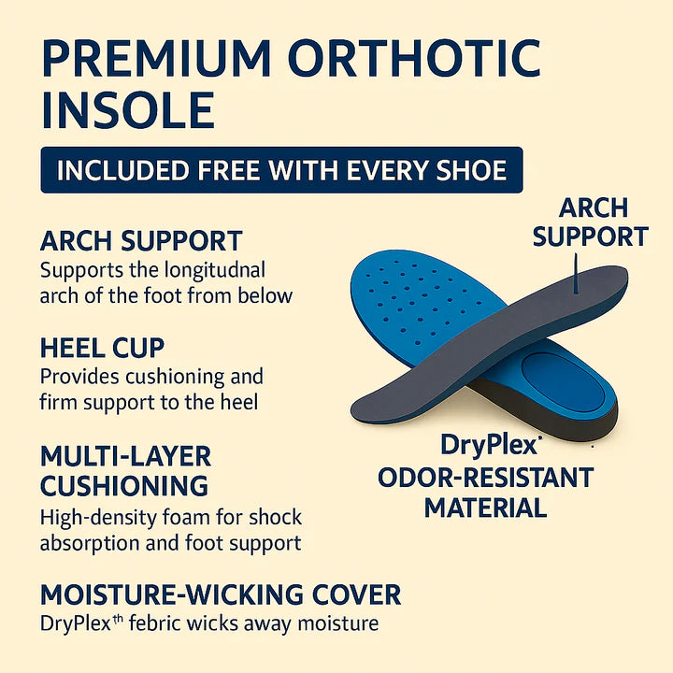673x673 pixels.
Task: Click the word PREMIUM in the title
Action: click(x=156, y=58)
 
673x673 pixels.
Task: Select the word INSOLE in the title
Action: click(x=128, y=110)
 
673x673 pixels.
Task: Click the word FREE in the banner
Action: click(x=228, y=170)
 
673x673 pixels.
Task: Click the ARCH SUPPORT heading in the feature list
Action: click(x=141, y=241)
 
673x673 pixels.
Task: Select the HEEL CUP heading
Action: click(x=102, y=348)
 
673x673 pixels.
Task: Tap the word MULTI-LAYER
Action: click(x=126, y=456)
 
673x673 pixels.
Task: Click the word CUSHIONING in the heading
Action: click(x=124, y=486)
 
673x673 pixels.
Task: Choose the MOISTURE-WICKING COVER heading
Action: click(x=221, y=594)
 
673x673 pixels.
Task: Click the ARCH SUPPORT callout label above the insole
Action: click(x=591, y=222)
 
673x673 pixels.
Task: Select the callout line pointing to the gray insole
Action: click(x=576, y=273)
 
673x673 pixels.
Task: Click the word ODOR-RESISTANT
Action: click(x=486, y=478)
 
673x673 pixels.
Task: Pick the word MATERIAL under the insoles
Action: click(x=485, y=508)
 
